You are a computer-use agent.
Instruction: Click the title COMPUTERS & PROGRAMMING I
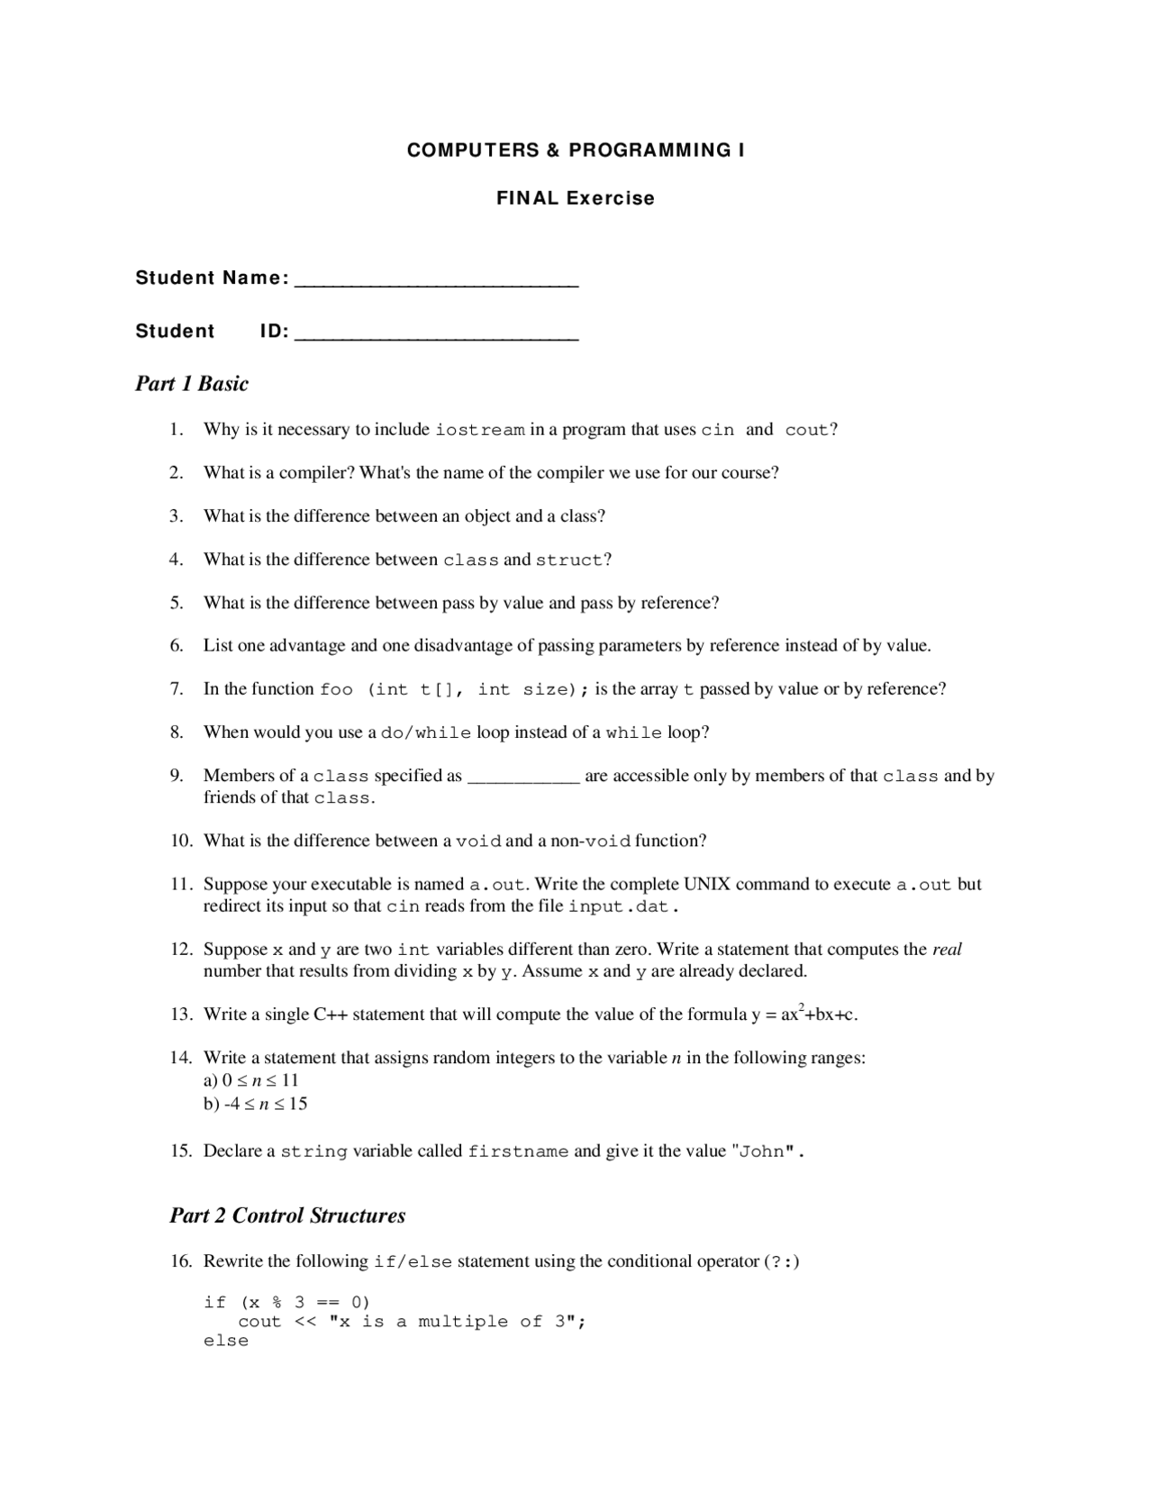(576, 150)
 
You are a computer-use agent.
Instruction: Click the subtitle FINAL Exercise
(576, 198)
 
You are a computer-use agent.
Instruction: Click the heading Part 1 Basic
(192, 384)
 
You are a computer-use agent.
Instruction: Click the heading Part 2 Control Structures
(287, 1216)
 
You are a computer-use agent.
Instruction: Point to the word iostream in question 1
(479, 431)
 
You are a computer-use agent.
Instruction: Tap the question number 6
(177, 646)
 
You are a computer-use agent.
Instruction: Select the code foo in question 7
(336, 690)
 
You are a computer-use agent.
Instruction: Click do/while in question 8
(425, 733)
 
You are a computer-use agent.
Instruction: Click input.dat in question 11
(619, 907)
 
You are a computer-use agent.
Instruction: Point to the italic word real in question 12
(947, 950)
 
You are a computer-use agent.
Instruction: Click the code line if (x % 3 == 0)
(286, 1303)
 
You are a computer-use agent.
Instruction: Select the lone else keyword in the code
(226, 1342)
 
